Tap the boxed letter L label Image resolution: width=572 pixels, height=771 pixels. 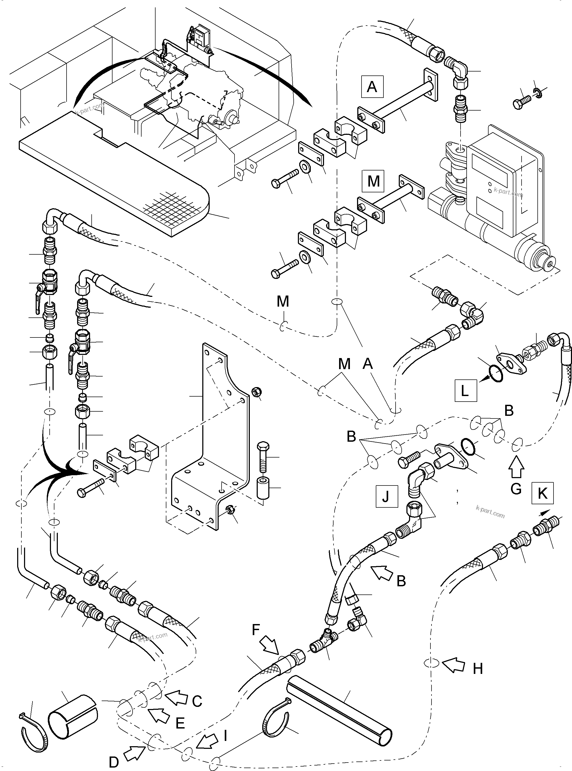tap(465, 390)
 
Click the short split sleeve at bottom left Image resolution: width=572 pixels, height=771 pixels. tap(73, 716)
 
